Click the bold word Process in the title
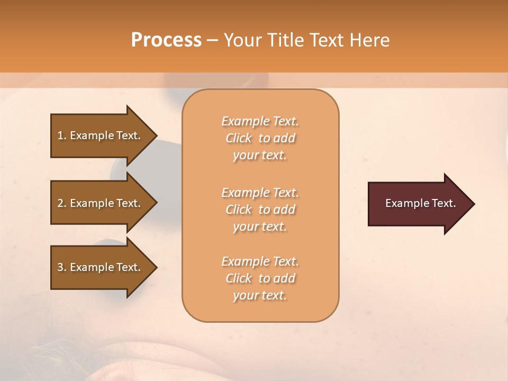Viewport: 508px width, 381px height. pos(166,40)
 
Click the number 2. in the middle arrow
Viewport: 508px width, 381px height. pos(61,203)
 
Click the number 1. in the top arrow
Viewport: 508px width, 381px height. pos(61,135)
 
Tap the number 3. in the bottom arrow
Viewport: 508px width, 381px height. pos(61,267)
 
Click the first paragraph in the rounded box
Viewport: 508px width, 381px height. pos(260,138)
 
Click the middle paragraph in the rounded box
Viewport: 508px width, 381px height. pos(260,209)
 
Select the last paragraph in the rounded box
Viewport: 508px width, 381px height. pos(260,278)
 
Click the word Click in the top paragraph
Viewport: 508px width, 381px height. pos(239,138)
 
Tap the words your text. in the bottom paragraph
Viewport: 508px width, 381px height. pos(260,295)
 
